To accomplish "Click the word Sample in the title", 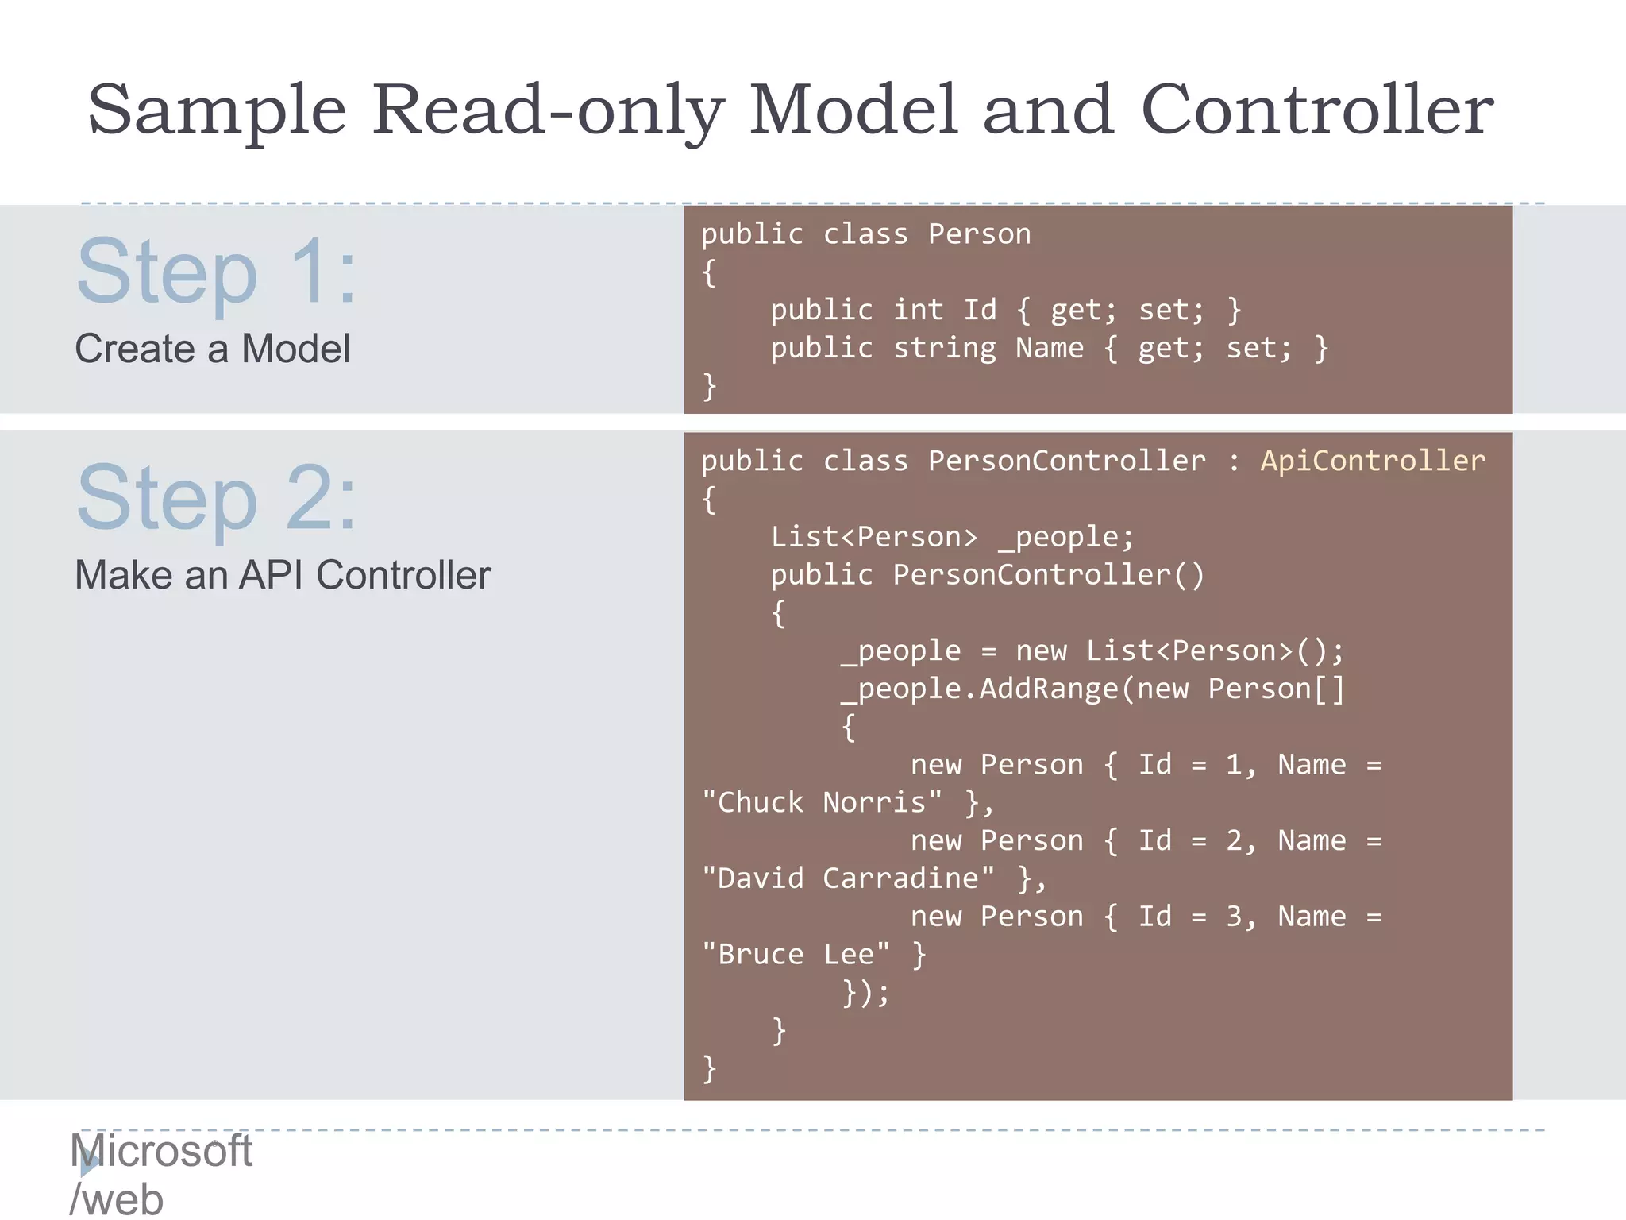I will [x=217, y=111].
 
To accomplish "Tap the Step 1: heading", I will [x=216, y=272].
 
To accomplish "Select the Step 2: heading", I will [x=216, y=499].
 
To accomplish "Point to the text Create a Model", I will [x=212, y=349].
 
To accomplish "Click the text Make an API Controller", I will [x=283, y=575].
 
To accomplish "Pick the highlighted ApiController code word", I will [x=1373, y=461].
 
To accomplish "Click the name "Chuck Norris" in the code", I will [x=822, y=802].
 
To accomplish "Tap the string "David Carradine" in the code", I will [x=848, y=878].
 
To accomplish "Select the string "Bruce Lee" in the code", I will [x=796, y=954].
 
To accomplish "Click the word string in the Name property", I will [x=944, y=348].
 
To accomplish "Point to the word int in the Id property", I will [x=918, y=310].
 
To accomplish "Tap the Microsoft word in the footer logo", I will [x=161, y=1151].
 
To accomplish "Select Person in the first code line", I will [x=979, y=234].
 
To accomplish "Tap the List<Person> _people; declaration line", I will [x=952, y=537].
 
